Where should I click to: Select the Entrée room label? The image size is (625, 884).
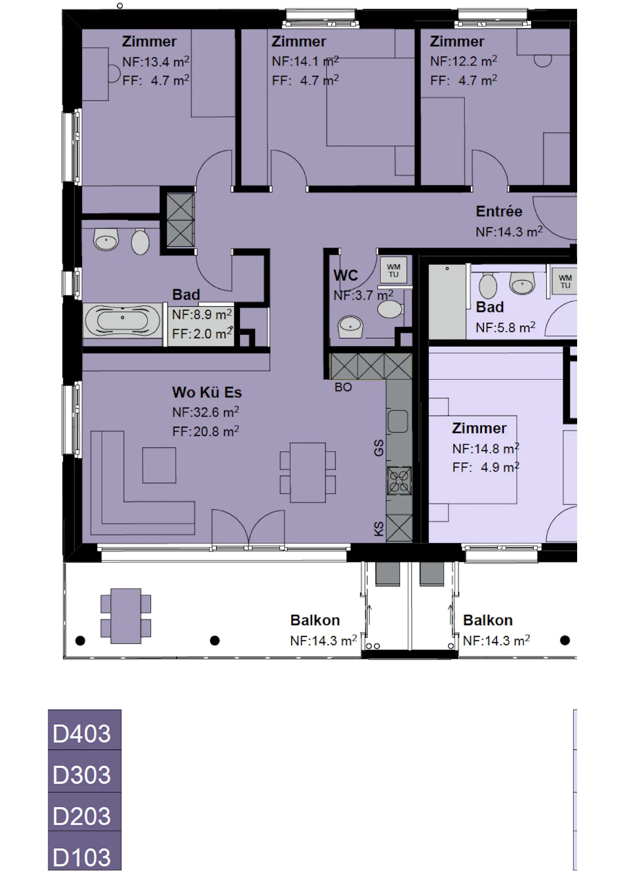(499, 212)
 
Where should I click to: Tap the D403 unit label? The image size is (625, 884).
(82, 733)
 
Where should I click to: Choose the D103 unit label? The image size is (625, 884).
(82, 857)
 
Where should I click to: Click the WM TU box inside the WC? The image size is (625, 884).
(394, 270)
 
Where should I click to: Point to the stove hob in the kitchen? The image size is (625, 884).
(399, 480)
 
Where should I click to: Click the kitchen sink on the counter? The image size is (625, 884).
(398, 421)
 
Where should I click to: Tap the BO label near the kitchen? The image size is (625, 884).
(343, 387)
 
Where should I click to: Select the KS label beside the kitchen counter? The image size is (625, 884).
(379, 529)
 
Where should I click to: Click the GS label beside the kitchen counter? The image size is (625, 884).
(379, 448)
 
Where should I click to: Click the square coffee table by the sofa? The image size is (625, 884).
(159, 465)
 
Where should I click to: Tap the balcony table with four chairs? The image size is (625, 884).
(126, 616)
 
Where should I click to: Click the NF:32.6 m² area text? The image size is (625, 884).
(206, 412)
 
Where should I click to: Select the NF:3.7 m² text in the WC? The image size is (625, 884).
(363, 295)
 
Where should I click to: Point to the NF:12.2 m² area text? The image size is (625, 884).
(464, 61)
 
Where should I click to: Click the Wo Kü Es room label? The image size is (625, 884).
(207, 392)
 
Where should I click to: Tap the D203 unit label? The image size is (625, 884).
(82, 816)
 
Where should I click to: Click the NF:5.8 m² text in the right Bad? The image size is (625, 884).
(506, 327)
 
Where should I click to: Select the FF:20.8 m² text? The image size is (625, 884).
(206, 432)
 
